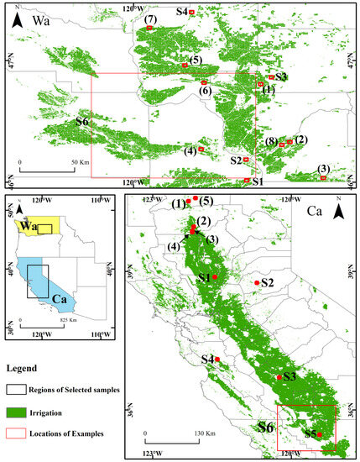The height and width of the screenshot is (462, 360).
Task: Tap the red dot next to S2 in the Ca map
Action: pos(256,283)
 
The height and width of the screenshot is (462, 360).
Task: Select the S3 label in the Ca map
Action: pos(290,377)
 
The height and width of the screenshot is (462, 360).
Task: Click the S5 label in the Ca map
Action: pos(310,434)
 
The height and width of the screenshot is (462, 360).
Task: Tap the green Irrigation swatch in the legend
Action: pos(17,412)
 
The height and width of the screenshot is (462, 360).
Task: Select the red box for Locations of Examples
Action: pos(17,433)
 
